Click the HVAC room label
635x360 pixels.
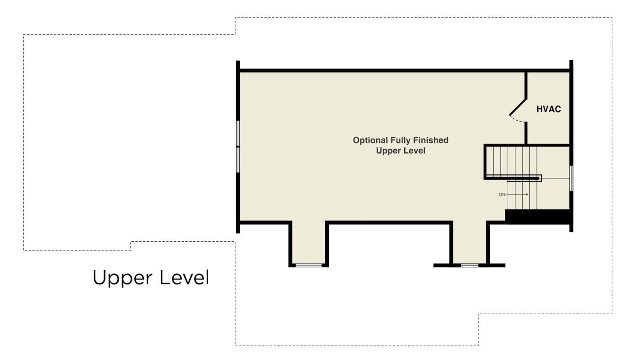click(x=548, y=109)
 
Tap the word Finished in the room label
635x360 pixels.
click(x=432, y=140)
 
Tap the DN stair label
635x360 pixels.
click(x=502, y=194)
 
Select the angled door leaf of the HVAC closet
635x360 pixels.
click(x=518, y=107)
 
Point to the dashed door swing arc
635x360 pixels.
click(x=519, y=120)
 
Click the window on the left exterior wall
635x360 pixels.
click(x=238, y=147)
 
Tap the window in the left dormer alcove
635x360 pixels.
click(x=308, y=265)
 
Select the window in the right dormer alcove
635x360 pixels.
click(x=469, y=265)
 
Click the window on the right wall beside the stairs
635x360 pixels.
click(x=571, y=178)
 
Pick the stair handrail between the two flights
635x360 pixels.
click(x=513, y=178)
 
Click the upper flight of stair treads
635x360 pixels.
click(x=513, y=161)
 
